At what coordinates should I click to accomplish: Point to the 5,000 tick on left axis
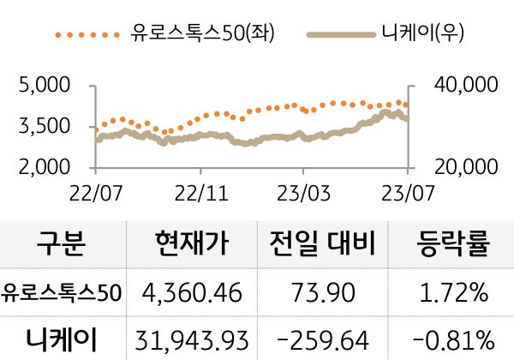45,86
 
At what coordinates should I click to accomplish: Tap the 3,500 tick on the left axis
45,126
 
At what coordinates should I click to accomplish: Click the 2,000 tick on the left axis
45,165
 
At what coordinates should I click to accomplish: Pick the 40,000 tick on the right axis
448,86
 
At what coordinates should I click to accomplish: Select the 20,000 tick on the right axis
448,165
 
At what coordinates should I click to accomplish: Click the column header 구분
62,244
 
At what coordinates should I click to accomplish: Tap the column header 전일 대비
322,244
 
